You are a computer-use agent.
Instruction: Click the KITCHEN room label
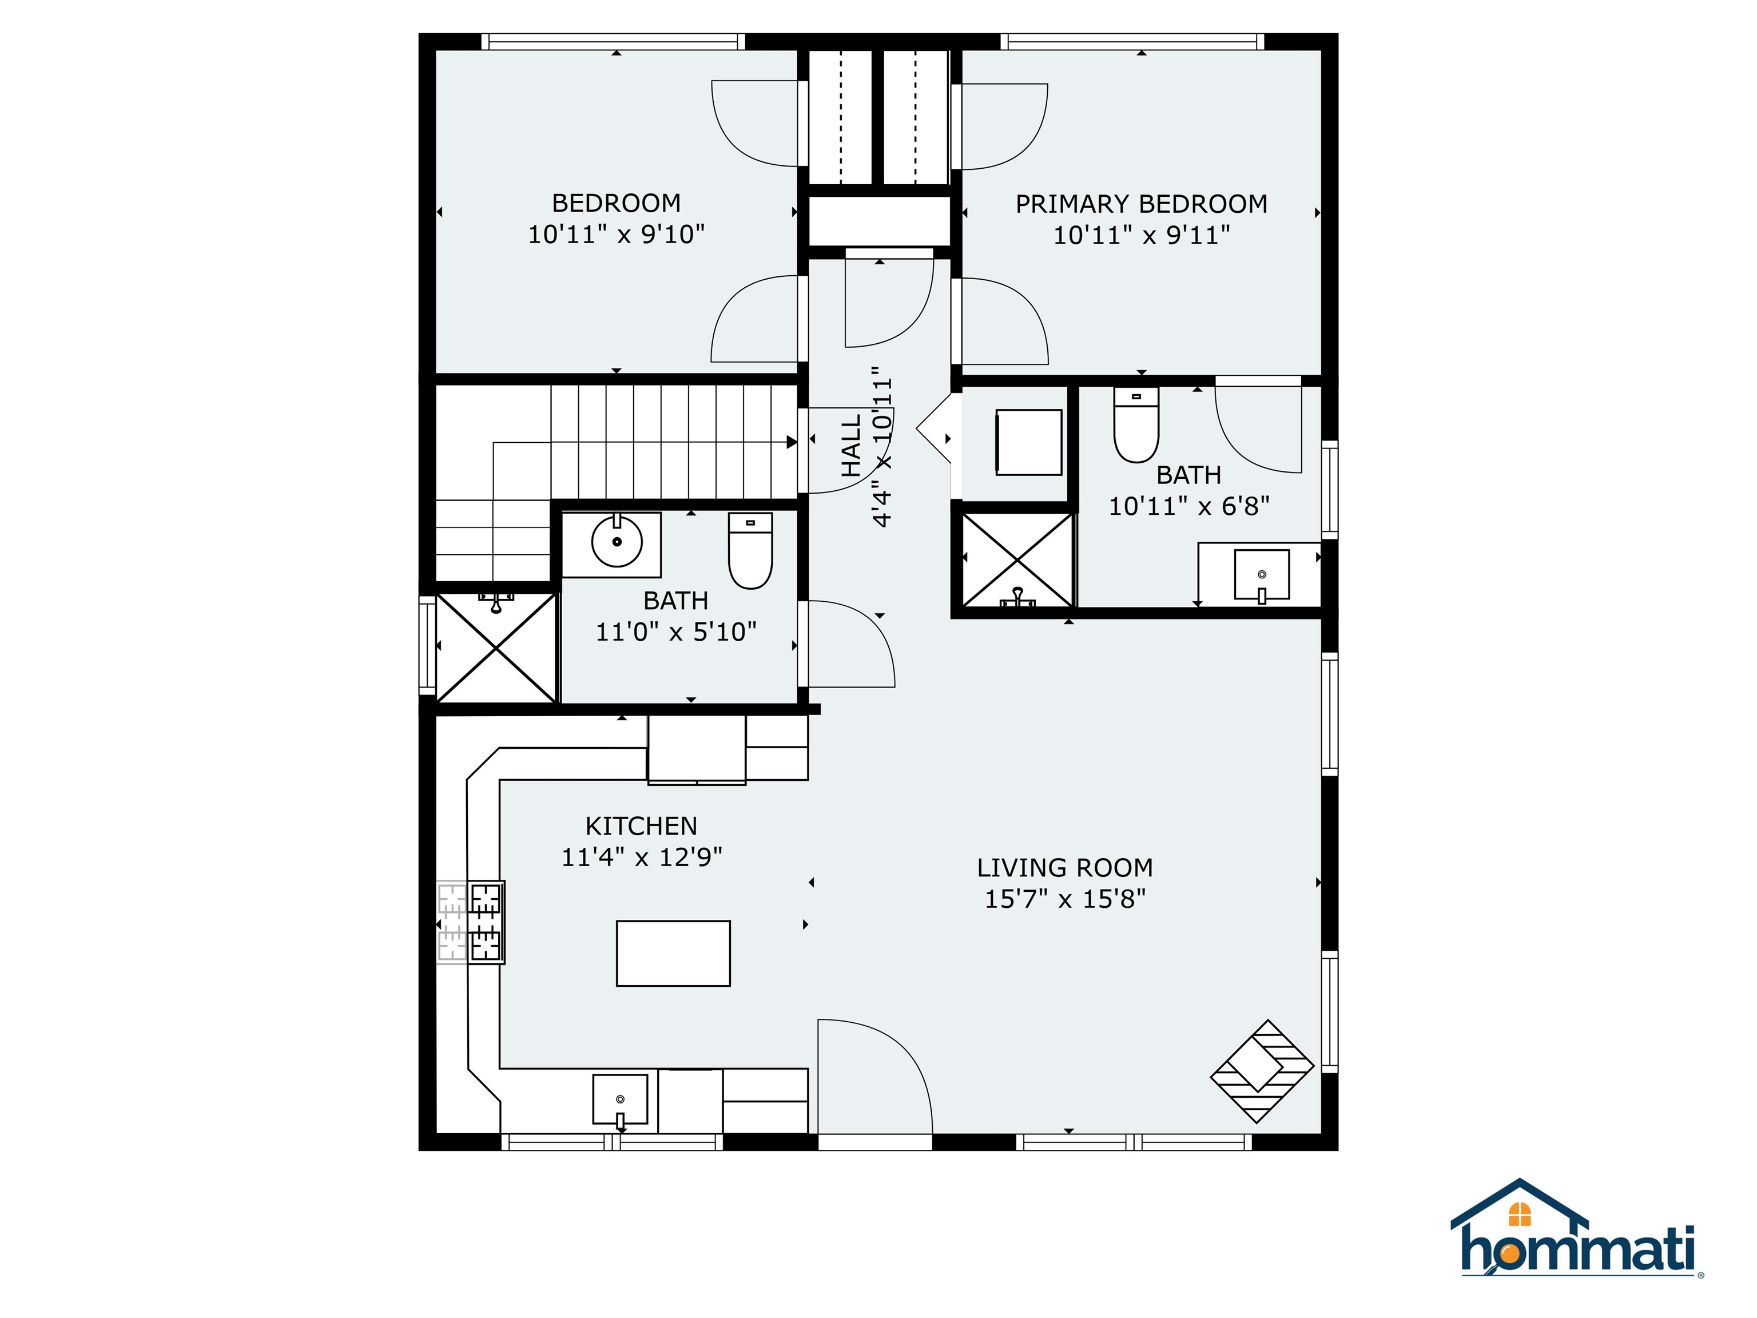(641, 826)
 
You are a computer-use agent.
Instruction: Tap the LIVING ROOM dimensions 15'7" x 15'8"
(1064, 899)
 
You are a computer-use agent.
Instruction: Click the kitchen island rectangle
(673, 954)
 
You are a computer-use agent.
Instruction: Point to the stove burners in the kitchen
(486, 922)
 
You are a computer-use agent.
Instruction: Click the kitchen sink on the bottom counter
(619, 1099)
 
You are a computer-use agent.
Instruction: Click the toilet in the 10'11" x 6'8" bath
(1136, 424)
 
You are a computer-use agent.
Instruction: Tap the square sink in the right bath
(1261, 574)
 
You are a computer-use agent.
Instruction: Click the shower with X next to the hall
(1017, 560)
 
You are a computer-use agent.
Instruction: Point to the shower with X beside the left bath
(496, 648)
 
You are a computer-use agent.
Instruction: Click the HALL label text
(850, 446)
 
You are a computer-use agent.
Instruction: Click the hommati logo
(1577, 1240)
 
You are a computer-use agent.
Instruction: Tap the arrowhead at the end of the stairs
(791, 442)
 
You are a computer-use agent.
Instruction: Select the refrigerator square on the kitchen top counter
(697, 749)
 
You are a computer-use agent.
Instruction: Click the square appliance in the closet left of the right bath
(1028, 443)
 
